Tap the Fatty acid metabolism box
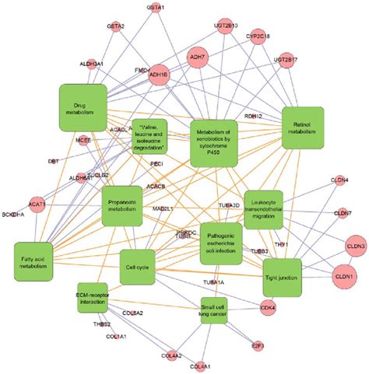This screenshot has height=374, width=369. (33, 260)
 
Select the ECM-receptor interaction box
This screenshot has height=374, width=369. (93, 297)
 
